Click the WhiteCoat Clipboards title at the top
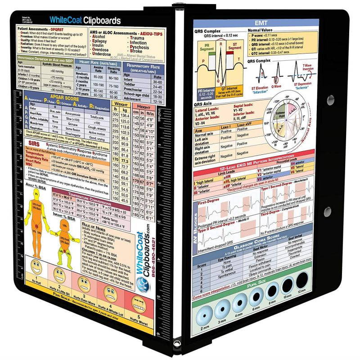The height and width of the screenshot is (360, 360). pyautogui.click(x=85, y=20)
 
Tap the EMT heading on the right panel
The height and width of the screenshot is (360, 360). pyautogui.click(x=256, y=23)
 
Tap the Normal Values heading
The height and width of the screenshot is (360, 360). pyautogui.click(x=262, y=30)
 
